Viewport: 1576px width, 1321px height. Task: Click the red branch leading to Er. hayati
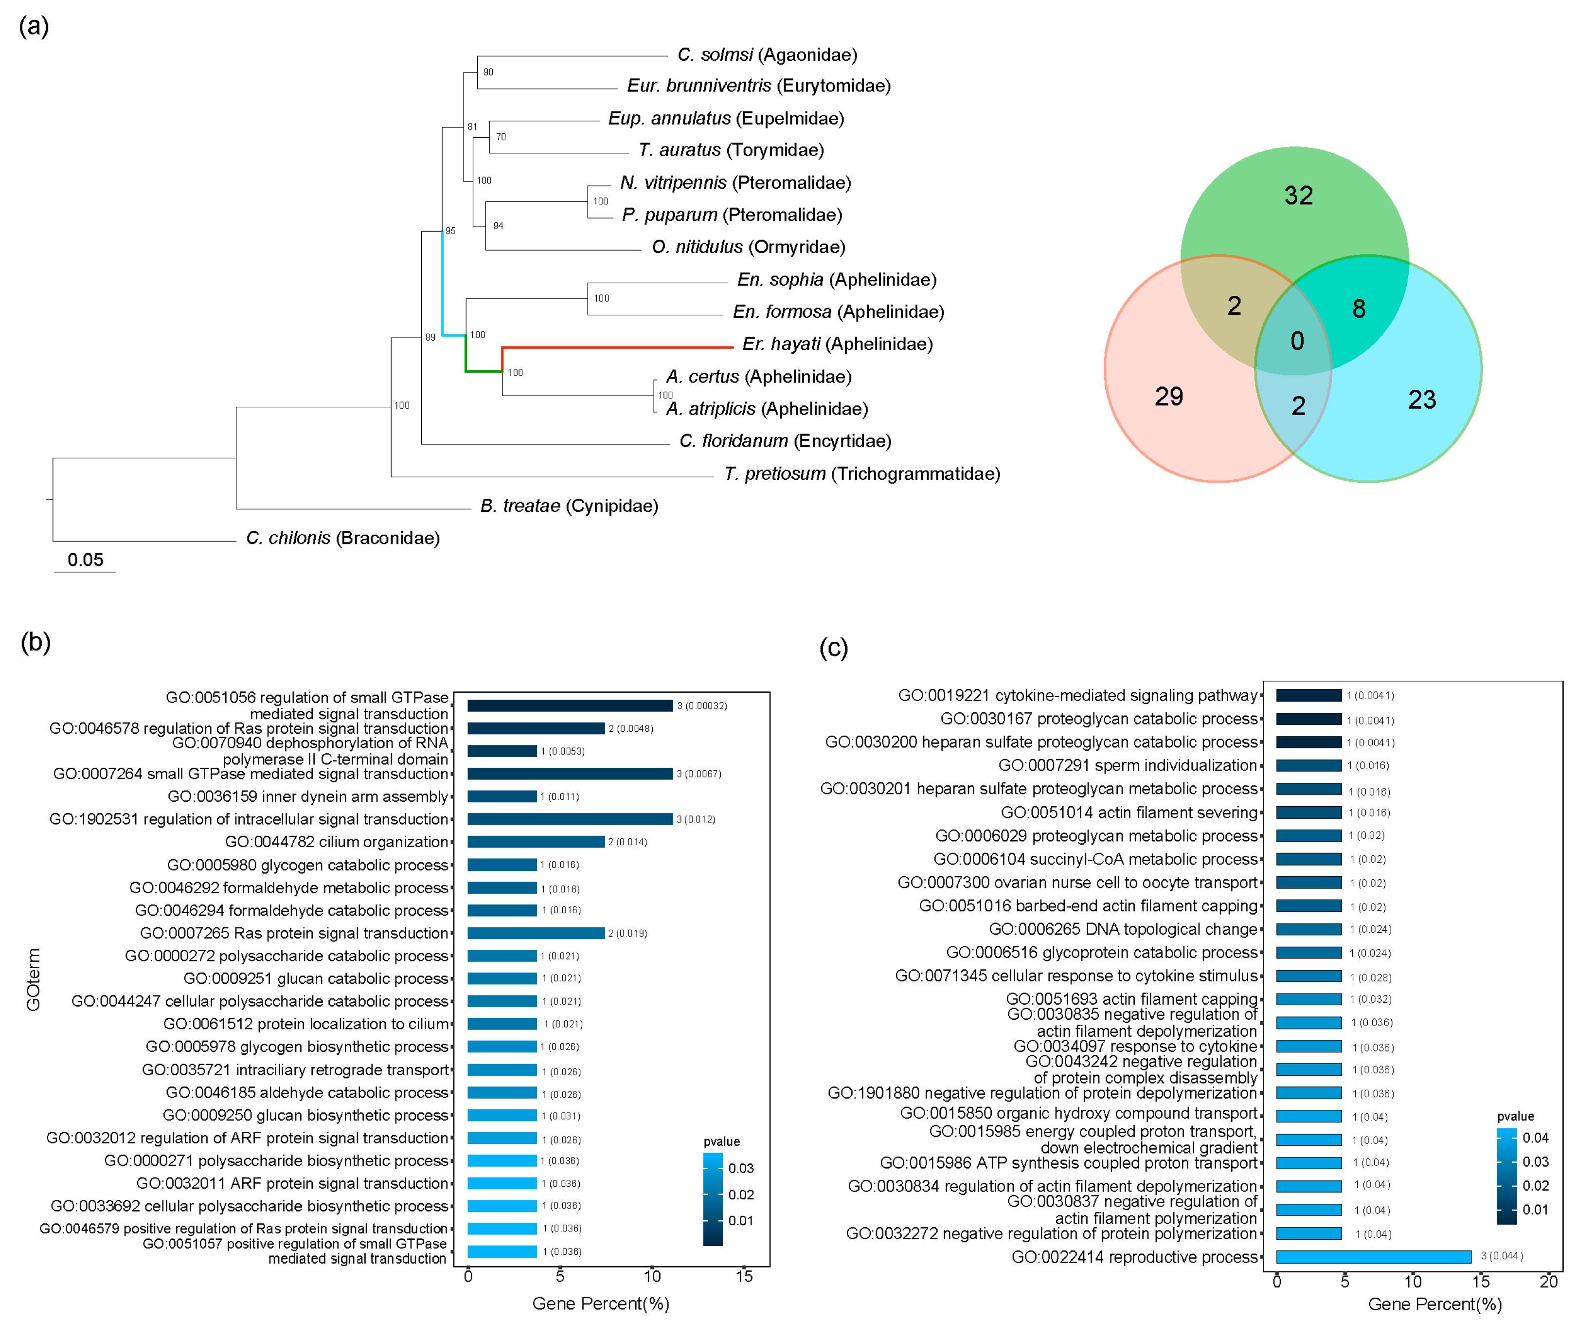point(615,347)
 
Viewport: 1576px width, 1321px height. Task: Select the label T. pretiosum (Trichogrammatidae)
point(861,473)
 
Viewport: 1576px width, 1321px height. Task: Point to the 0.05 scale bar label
point(86,560)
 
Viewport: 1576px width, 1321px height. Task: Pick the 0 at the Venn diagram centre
point(1297,342)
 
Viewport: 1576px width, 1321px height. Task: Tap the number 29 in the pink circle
point(1168,396)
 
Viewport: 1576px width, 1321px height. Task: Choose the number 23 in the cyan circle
point(1421,399)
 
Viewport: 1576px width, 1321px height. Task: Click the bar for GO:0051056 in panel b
point(570,706)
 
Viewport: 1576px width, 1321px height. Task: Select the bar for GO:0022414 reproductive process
point(1373,1256)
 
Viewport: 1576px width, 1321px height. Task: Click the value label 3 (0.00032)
point(702,706)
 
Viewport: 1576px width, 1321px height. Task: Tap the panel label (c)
point(833,647)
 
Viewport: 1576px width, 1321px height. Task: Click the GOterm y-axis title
point(34,979)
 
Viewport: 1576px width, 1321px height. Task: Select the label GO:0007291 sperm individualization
point(1127,765)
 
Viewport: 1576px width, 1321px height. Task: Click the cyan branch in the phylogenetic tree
point(443,285)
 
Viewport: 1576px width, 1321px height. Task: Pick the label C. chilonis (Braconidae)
point(343,538)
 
